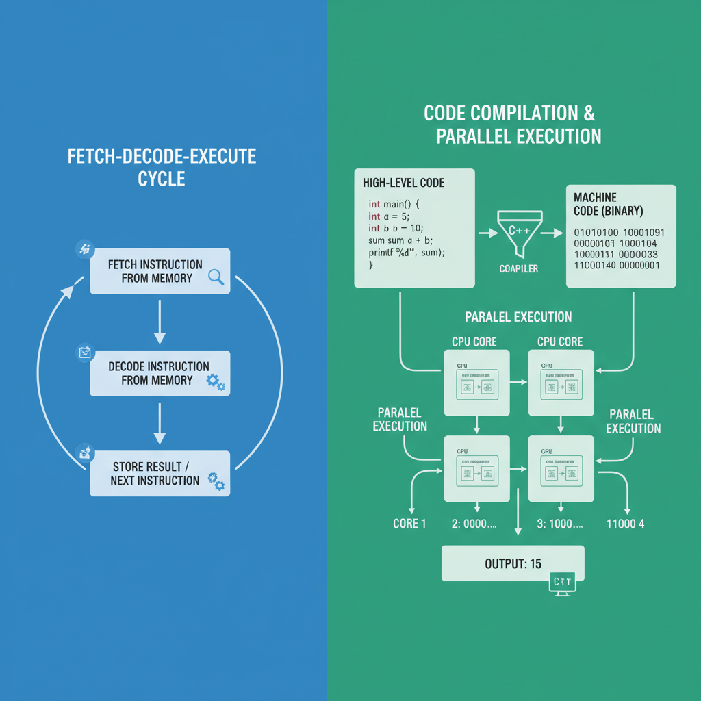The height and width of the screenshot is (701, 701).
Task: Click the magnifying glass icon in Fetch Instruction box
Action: click(x=216, y=277)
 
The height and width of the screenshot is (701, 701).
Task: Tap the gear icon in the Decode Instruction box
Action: click(x=215, y=382)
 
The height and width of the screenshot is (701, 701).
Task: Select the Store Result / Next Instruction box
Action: click(x=160, y=474)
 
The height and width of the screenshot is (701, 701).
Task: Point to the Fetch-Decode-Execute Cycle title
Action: click(x=162, y=167)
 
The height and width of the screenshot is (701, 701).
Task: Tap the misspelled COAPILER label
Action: click(x=518, y=269)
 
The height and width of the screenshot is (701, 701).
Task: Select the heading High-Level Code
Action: click(x=403, y=183)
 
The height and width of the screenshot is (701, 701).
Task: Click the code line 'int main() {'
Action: click(x=397, y=203)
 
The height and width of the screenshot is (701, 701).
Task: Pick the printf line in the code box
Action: click(x=407, y=252)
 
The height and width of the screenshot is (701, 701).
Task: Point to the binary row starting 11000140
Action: click(x=616, y=265)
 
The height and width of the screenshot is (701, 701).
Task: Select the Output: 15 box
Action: click(x=513, y=563)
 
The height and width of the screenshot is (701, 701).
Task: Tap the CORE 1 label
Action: click(x=409, y=524)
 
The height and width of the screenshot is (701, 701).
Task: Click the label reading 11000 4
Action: click(x=625, y=524)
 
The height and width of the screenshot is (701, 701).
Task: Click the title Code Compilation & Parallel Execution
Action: click(x=512, y=124)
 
